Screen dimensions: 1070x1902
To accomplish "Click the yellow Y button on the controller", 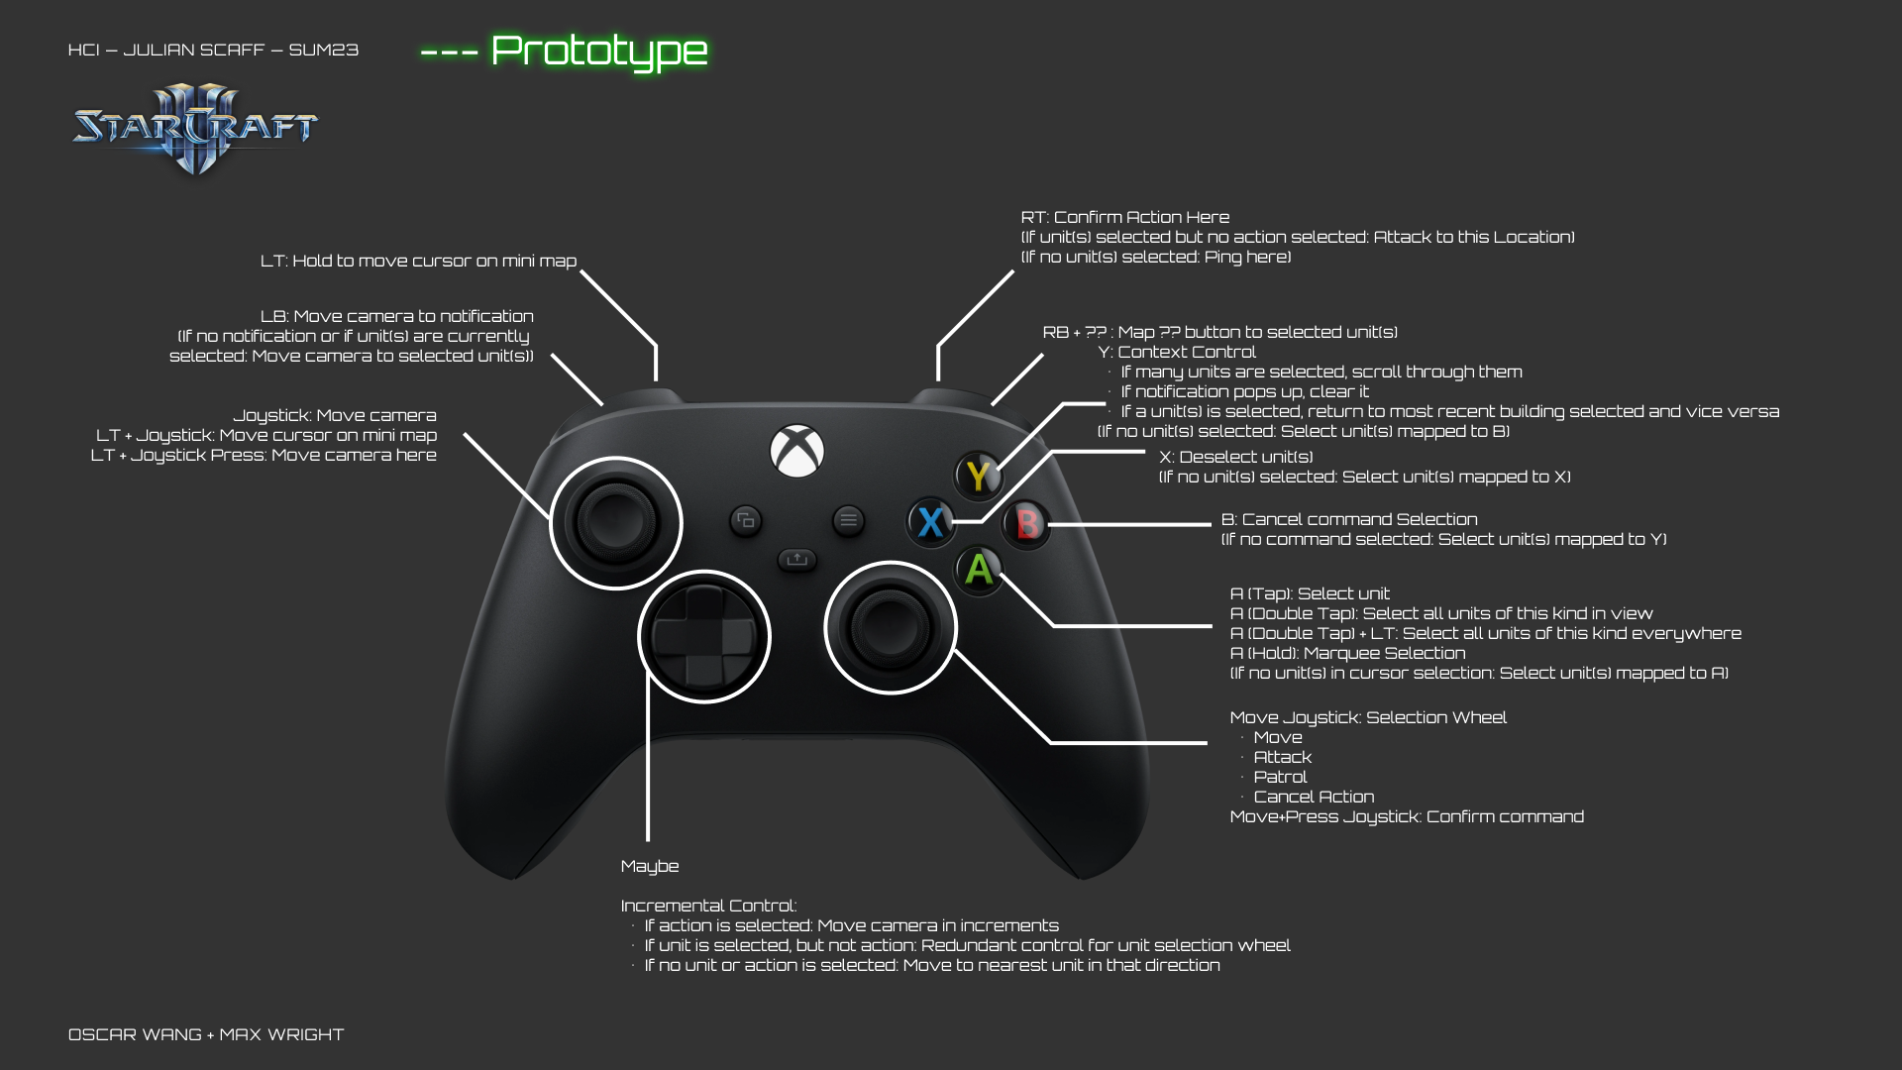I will click(x=978, y=477).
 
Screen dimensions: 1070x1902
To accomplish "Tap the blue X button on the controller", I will click(x=930, y=521).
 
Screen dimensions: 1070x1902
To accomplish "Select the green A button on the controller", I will click(x=979, y=570).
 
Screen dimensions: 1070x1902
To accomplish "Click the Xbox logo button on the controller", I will click(x=796, y=451).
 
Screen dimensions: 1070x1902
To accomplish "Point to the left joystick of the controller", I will click(x=615, y=522).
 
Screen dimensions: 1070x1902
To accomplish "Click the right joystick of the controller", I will click(x=890, y=627).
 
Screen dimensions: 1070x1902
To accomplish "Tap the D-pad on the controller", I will click(x=703, y=636).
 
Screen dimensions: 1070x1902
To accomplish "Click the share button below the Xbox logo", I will click(x=796, y=559).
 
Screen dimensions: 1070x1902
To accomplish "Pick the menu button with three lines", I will click(x=848, y=519).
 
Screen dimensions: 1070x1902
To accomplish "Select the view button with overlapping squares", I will click(x=745, y=519).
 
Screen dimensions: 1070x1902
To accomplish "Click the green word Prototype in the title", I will click(x=598, y=51).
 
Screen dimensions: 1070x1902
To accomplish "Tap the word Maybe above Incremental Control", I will click(x=650, y=866).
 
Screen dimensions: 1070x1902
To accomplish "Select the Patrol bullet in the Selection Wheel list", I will click(x=1280, y=777).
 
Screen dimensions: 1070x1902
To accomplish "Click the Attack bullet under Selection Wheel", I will click(x=1282, y=757).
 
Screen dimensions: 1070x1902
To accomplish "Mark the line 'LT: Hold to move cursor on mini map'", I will click(x=418, y=261).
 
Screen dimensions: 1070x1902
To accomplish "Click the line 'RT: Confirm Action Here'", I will click(x=1125, y=217).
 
